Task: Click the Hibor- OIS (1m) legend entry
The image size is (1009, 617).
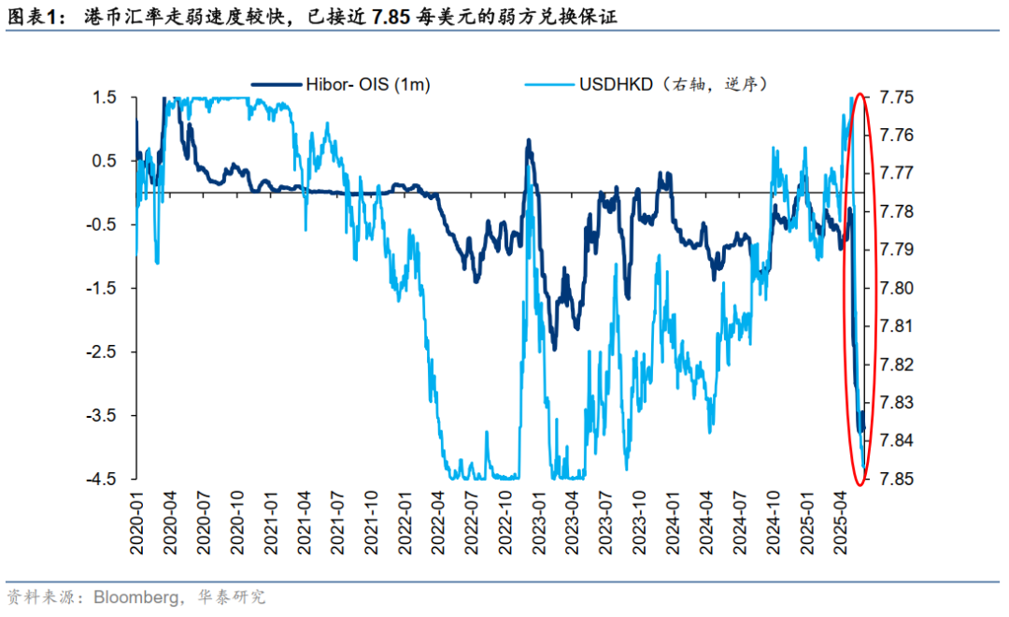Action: pos(367,84)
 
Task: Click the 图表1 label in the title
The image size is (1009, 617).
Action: pos(29,16)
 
